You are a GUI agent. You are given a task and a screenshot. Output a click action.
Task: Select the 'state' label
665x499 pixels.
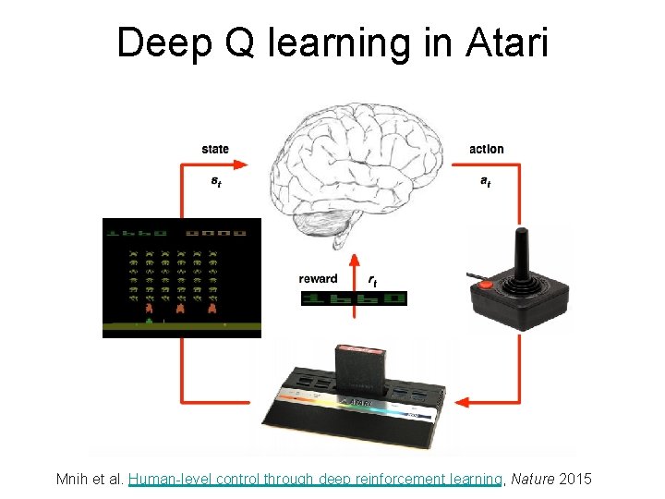pyautogui.click(x=215, y=149)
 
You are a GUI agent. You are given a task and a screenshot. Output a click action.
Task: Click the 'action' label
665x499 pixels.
pyautogui.click(x=487, y=149)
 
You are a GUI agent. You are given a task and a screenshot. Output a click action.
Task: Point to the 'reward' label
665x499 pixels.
pyautogui.click(x=318, y=278)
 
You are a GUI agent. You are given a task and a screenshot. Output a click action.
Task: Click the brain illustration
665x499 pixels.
pyautogui.click(x=356, y=176)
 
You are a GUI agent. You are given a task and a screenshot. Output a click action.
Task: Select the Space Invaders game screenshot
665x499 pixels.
pyautogui.click(x=182, y=277)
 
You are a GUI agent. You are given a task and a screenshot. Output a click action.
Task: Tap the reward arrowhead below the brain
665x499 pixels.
pyautogui.click(x=352, y=258)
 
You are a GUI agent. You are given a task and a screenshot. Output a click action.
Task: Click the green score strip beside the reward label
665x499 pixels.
pyautogui.click(x=354, y=298)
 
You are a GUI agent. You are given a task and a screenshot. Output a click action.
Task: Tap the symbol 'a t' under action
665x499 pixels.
pyautogui.click(x=485, y=182)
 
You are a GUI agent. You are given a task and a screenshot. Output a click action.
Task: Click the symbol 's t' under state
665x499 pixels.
pyautogui.click(x=215, y=182)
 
